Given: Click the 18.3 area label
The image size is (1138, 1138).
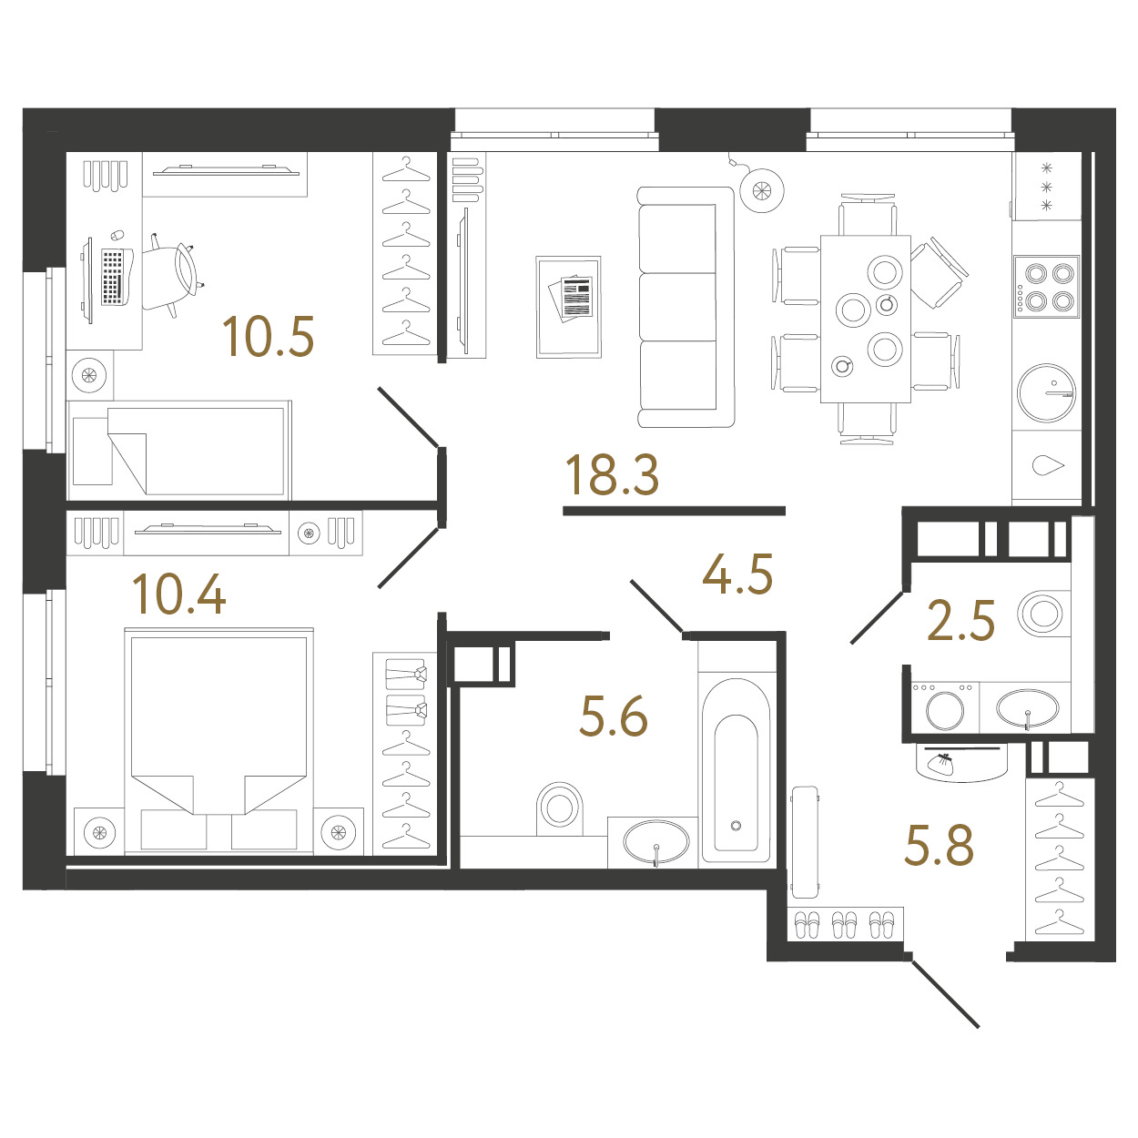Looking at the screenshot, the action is click(x=612, y=475).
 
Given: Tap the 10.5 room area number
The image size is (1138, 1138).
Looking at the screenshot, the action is click(x=268, y=337).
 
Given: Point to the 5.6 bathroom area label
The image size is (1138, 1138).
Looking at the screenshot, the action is click(x=614, y=716).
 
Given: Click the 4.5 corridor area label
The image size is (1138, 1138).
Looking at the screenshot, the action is click(x=737, y=574).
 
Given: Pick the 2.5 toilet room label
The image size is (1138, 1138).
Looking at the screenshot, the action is click(x=960, y=620).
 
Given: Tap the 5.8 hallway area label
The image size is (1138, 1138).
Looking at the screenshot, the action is click(x=939, y=846).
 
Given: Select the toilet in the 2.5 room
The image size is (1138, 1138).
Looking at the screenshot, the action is click(x=1042, y=613).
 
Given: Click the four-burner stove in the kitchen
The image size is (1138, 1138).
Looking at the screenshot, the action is click(x=1046, y=287).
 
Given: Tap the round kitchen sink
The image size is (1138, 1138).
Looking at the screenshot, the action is click(x=1046, y=392).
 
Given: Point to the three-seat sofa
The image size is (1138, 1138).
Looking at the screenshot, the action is click(x=686, y=307).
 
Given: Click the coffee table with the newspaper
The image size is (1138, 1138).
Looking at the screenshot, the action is click(x=569, y=307).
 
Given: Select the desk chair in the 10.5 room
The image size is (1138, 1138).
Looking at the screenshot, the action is click(x=173, y=276).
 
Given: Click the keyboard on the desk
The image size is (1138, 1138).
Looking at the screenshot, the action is click(x=113, y=277).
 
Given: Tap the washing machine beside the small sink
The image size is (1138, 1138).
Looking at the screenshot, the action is click(x=945, y=708).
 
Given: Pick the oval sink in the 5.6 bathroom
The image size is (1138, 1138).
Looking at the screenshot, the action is click(x=656, y=840).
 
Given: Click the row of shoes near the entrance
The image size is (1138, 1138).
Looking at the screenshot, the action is click(x=845, y=924).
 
